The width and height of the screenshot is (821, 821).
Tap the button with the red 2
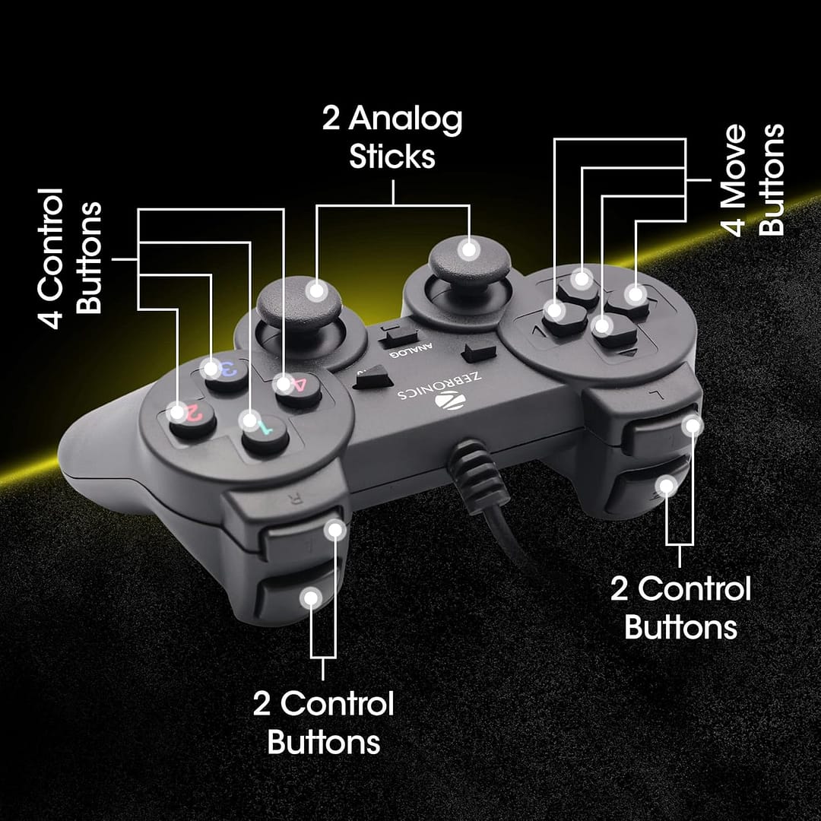tap(192, 420)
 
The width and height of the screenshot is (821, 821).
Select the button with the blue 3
tap(225, 374)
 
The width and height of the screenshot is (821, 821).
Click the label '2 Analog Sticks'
tap(392, 138)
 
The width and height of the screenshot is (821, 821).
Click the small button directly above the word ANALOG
tap(398, 334)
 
